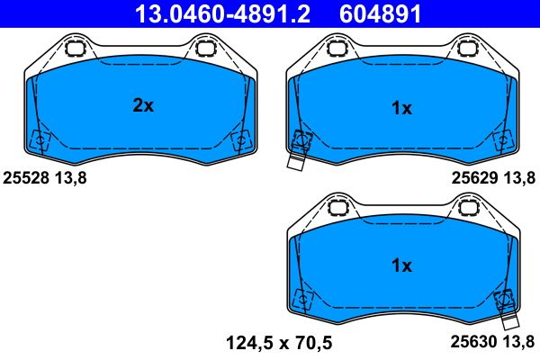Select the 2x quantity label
[x=143, y=106]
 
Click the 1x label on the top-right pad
[x=401, y=109]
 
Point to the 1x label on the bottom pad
[x=401, y=266]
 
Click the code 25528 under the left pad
[x=26, y=178]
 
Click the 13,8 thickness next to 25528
[x=73, y=178]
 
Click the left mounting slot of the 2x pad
[x=75, y=49]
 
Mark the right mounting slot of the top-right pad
[x=469, y=49]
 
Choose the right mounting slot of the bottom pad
[x=469, y=207]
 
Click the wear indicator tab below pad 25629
[x=296, y=162]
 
